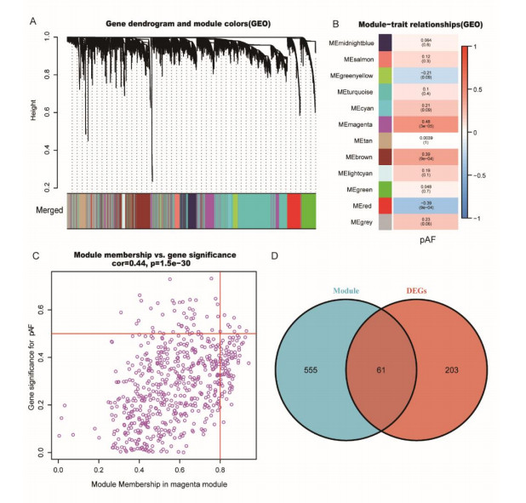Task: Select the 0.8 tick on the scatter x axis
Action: [x=221, y=469]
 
